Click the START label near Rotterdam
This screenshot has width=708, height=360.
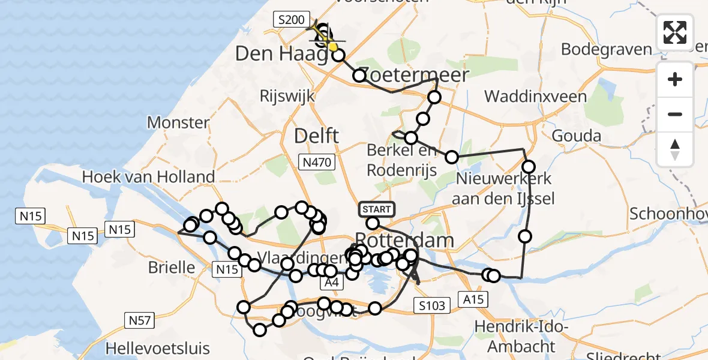[377, 209]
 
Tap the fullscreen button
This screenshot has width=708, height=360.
[675, 32]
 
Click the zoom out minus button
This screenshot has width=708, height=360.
[675, 114]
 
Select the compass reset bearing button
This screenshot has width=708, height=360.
[675, 149]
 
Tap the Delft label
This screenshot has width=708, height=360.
[316, 136]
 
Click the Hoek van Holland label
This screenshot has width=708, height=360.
[148, 176]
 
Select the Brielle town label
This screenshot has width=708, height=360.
[172, 267]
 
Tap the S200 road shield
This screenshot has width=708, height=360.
[292, 20]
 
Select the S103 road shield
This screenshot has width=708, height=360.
[432, 306]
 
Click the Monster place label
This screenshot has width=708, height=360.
[178, 123]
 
